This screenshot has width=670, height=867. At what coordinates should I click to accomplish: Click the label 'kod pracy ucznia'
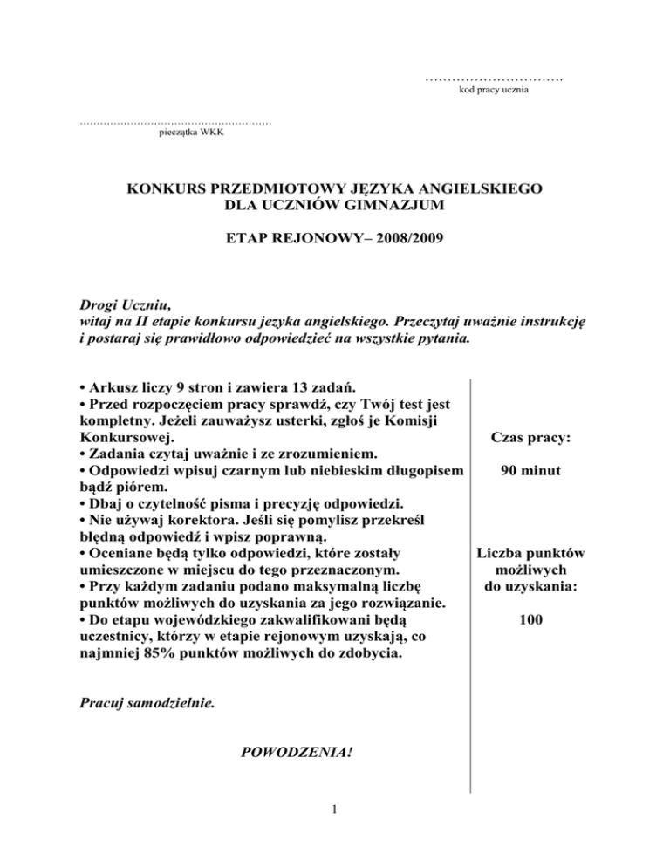pos(494,91)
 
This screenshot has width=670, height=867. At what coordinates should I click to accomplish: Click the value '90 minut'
pos(530,472)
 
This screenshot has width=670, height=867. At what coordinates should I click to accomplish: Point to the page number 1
pos(335,810)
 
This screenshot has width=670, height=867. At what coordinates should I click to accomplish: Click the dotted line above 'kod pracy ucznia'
pos(494,79)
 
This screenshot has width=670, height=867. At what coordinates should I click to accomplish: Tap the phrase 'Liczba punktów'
pos(530,553)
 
